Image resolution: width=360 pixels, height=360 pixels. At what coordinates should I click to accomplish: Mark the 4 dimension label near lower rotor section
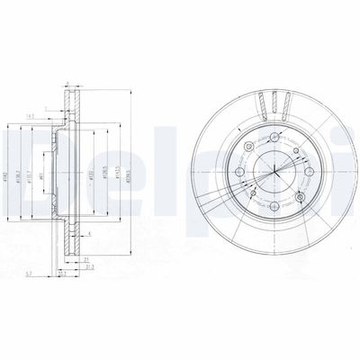pyautogui.click(x=89, y=235)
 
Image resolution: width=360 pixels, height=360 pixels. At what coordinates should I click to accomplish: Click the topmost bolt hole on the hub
pyautogui.click(x=270, y=135)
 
